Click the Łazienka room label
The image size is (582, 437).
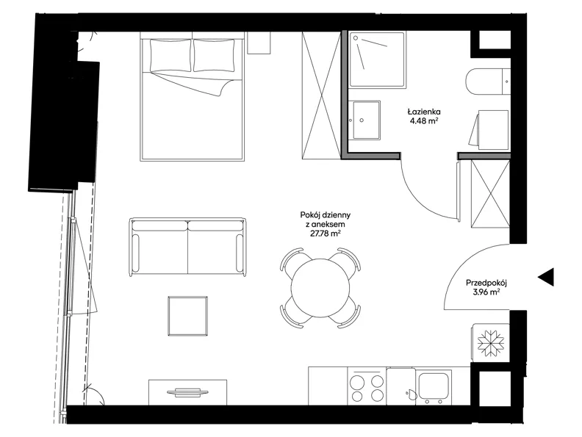(x=423, y=112)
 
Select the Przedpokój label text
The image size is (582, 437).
(x=486, y=283)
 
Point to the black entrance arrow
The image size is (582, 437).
(x=546, y=277)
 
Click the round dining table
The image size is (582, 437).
(x=320, y=288)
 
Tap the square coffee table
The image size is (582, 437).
(x=187, y=316)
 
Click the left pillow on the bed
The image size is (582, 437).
(x=170, y=55)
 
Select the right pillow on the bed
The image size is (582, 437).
(x=214, y=55)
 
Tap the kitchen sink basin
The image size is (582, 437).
(x=434, y=385)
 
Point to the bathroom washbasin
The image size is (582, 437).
(x=364, y=120)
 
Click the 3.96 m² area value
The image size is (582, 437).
(x=486, y=292)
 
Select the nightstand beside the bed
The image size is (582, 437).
(x=259, y=43)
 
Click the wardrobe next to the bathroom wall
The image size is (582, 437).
(x=321, y=95)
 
